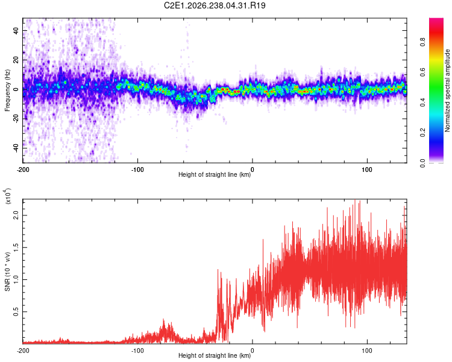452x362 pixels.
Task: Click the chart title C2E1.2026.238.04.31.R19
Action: coord(215,5)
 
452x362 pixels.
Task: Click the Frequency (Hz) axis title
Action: coord(7,91)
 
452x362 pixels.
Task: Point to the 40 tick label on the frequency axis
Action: coord(16,31)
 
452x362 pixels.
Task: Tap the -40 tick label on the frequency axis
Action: coord(16,148)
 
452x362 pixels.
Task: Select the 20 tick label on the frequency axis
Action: coord(16,60)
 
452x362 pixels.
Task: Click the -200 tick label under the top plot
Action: coord(23,170)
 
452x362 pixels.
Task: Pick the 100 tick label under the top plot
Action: coord(367,170)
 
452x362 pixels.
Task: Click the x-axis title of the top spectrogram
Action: coord(215,174)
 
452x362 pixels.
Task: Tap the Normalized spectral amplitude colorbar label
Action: coord(447,91)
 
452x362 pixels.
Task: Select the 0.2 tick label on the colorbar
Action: coord(423,133)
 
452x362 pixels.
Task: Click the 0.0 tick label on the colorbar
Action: coord(423,163)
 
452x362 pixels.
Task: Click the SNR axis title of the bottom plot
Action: coord(7,271)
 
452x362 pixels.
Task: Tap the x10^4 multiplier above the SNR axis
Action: coord(8,196)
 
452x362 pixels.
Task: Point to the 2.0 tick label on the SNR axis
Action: coord(16,215)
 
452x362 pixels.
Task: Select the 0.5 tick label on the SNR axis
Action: coord(16,312)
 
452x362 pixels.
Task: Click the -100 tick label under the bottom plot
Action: coord(137,351)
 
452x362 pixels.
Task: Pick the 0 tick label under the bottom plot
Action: coord(253,351)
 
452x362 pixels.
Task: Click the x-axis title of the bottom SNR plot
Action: coord(215,355)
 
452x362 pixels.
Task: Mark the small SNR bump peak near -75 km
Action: coord(164,319)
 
